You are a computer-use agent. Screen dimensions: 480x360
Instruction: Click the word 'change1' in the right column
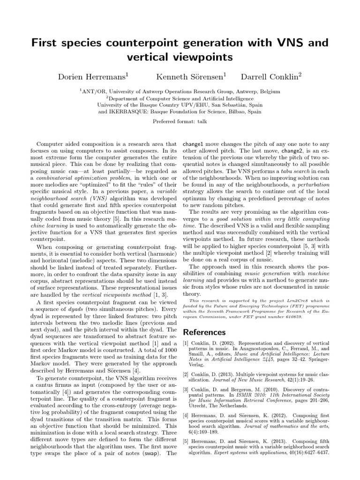pyautogui.click(x=193, y=144)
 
